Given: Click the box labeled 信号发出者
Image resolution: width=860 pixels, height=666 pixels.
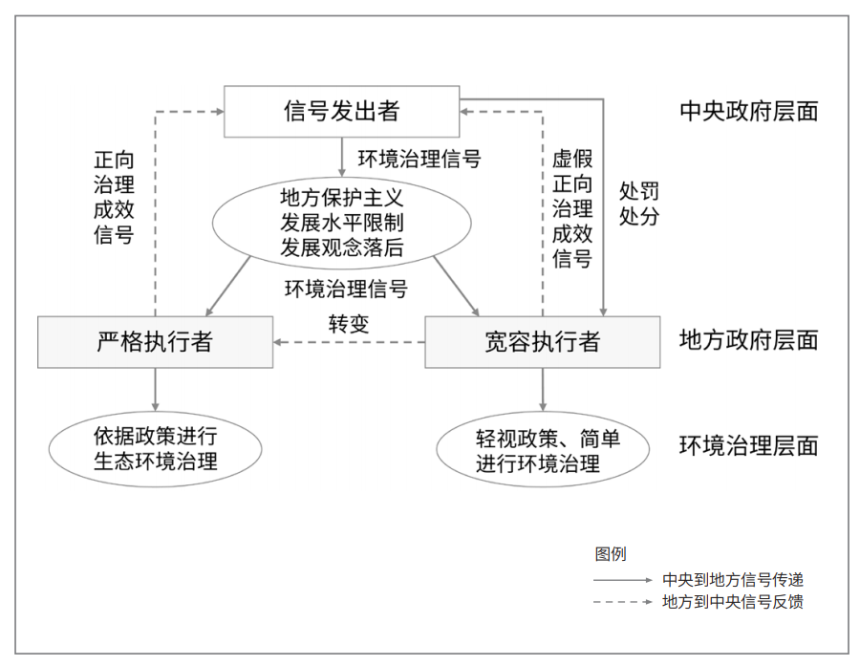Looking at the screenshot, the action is [x=342, y=112].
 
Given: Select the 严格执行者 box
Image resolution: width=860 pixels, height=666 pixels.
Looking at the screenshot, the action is [x=155, y=342].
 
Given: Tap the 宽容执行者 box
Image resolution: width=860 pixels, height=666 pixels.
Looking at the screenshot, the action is [x=543, y=342].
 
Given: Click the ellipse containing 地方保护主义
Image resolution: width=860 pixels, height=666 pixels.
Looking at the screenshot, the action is [x=342, y=223].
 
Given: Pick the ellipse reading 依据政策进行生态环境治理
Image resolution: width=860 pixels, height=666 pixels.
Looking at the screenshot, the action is [x=155, y=449].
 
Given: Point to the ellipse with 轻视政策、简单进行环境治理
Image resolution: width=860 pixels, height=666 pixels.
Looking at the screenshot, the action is [x=543, y=449].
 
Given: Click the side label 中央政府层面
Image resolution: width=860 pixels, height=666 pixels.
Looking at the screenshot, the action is [x=748, y=112].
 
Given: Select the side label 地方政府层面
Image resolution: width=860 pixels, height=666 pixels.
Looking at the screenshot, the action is [x=748, y=340].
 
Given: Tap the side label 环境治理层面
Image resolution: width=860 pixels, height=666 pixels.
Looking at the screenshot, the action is [x=748, y=445].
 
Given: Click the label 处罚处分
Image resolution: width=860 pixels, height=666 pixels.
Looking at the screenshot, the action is [x=639, y=204].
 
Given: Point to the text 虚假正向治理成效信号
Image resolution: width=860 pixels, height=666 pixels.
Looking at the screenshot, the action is [x=572, y=208].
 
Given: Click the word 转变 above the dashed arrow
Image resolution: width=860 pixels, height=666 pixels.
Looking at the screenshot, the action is [x=349, y=324].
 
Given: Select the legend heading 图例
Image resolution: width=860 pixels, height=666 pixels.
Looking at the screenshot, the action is [x=611, y=554].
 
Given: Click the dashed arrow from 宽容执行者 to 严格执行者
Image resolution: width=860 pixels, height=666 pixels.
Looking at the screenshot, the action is [x=350, y=342].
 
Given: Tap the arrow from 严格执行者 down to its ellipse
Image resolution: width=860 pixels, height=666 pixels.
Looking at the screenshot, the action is [x=155, y=390].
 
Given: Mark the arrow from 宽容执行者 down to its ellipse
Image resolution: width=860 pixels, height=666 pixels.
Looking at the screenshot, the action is [x=543, y=390].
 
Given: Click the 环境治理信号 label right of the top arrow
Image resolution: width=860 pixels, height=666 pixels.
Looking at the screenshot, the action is [x=419, y=159].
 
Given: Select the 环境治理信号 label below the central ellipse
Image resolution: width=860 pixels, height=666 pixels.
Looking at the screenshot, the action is [x=346, y=289].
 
